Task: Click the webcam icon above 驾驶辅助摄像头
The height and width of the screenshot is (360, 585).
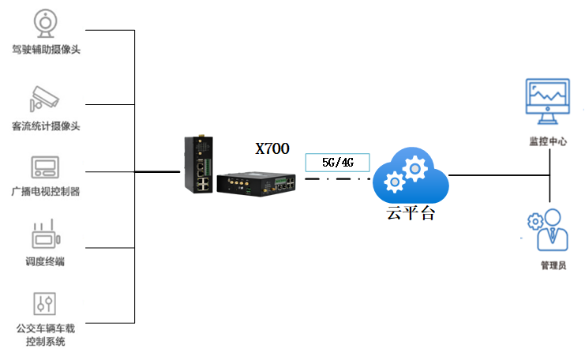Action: [47, 23]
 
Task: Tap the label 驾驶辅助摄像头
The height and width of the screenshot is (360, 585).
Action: [47, 50]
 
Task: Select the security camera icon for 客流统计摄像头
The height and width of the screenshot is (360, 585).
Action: [45, 99]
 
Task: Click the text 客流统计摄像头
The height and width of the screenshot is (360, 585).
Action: [47, 126]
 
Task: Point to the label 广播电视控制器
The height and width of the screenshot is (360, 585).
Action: [46, 192]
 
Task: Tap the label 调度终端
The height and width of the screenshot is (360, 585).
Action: [45, 262]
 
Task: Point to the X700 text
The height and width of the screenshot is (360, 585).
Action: [272, 148]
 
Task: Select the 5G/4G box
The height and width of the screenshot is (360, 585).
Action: [337, 162]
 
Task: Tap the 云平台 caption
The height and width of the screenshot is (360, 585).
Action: [410, 214]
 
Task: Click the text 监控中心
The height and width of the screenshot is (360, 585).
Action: [548, 141]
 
